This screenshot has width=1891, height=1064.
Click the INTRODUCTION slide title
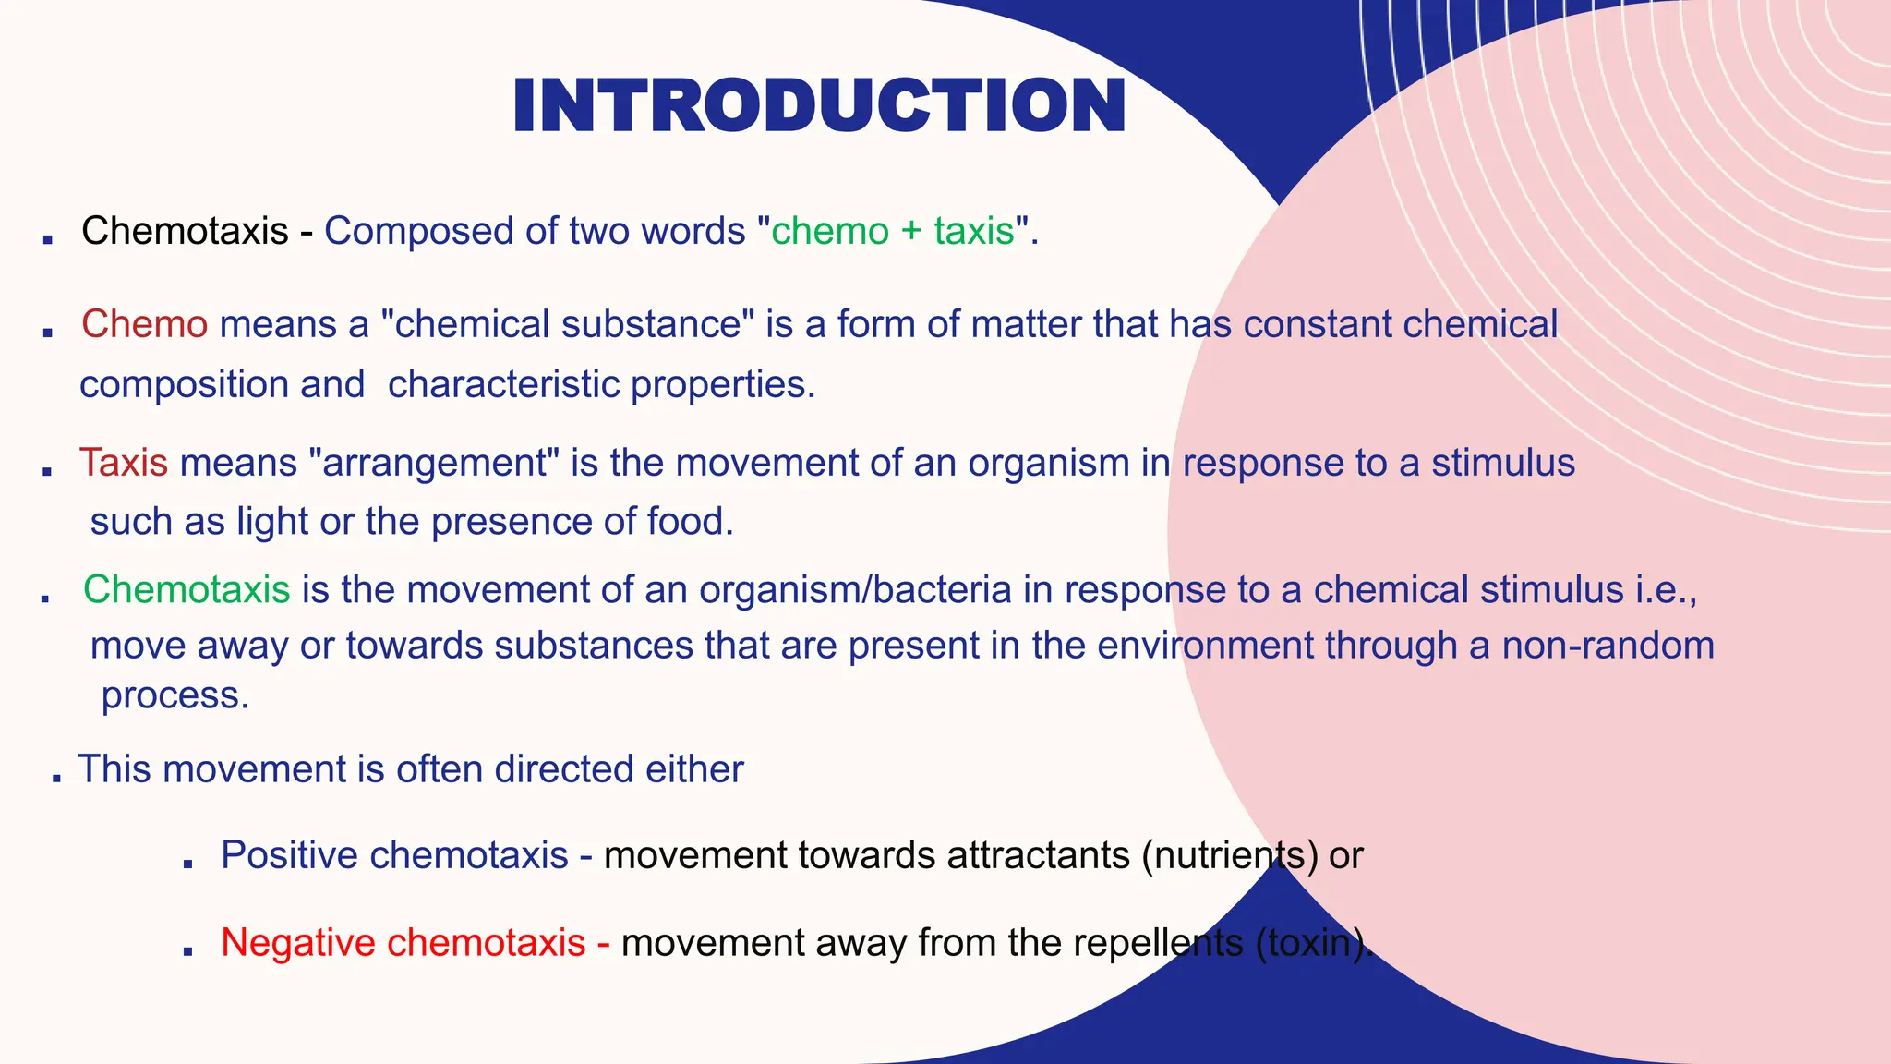[819, 106]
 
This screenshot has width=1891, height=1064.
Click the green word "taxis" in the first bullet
[974, 231]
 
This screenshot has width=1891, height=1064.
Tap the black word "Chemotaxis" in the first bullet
[185, 231]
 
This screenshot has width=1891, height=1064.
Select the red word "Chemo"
[144, 324]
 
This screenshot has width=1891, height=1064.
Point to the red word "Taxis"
[124, 463]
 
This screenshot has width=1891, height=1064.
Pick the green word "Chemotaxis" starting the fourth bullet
[187, 589]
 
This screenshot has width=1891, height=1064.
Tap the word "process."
[175, 695]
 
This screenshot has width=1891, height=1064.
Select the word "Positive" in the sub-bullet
[289, 855]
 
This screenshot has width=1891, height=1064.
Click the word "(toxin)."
[1314, 943]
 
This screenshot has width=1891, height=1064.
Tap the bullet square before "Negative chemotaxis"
[187, 949]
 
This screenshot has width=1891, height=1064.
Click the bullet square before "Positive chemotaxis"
[187, 864]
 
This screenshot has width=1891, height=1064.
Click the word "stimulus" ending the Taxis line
[1502, 463]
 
